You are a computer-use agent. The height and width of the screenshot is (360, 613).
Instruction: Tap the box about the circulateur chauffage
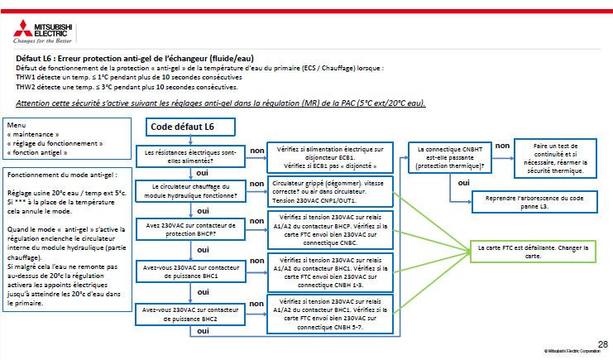[x=190, y=191]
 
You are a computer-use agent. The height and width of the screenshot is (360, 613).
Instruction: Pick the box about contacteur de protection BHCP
[x=190, y=228]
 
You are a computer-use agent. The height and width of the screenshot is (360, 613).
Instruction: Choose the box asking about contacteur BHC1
[x=190, y=271]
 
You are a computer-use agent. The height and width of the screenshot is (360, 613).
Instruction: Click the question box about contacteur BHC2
[x=190, y=314]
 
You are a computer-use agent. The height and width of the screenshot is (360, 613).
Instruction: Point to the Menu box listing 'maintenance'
[x=66, y=139]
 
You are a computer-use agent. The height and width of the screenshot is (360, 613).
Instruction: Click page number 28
[x=601, y=343]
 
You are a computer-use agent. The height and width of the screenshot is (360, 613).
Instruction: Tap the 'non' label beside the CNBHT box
[x=502, y=146]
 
